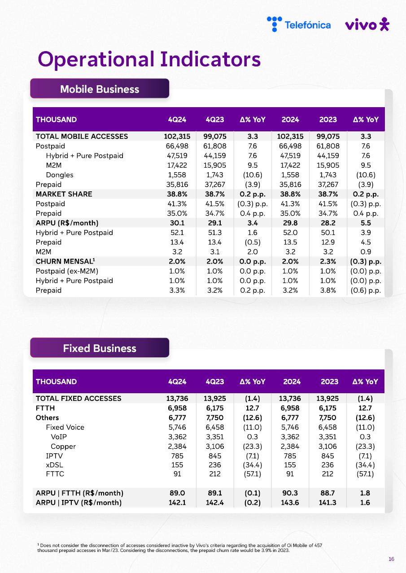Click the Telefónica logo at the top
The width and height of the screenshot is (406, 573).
tap(299, 24)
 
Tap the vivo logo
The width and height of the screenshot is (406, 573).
tap(367, 24)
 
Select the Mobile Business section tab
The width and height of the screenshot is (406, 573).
tap(100, 89)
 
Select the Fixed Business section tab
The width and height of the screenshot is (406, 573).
tap(100, 348)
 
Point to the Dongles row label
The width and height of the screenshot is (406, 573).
tap(59, 175)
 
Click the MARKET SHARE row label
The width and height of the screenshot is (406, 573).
tap(64, 194)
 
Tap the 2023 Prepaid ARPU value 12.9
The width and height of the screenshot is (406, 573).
tap(328, 242)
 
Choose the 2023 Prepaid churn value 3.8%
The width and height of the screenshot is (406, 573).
tap(328, 290)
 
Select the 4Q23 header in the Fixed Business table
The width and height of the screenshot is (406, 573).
tap(215, 382)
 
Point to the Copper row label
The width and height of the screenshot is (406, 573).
tap(63, 446)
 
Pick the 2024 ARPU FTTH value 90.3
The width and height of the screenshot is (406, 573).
tap(290, 493)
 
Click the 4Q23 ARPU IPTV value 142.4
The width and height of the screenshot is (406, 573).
tap(215, 503)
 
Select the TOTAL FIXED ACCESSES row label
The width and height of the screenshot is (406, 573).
tap(79, 398)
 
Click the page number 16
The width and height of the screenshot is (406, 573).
tap(391, 559)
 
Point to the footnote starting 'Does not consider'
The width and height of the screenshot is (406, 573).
tap(179, 548)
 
